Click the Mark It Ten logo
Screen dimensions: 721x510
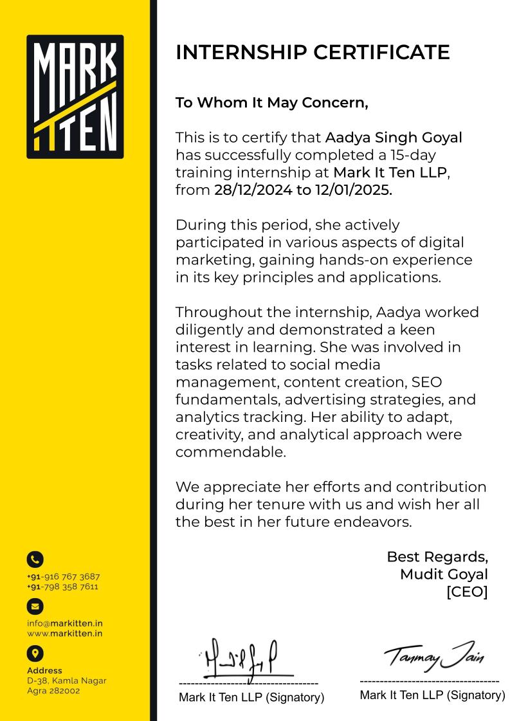75,96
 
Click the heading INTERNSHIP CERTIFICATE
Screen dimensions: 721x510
313,52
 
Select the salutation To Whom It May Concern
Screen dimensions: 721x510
271,103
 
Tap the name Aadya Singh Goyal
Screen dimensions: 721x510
394,138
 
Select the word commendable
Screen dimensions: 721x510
230,452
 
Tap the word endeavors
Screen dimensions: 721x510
372,522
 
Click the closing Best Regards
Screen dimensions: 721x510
437,556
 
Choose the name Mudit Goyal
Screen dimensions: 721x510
444,574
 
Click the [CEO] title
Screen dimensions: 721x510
467,591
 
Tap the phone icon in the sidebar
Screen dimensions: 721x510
35,560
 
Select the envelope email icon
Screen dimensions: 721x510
35,606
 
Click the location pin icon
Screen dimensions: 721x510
35,653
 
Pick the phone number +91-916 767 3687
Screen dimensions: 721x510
64,576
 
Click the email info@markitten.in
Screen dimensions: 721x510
65,623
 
